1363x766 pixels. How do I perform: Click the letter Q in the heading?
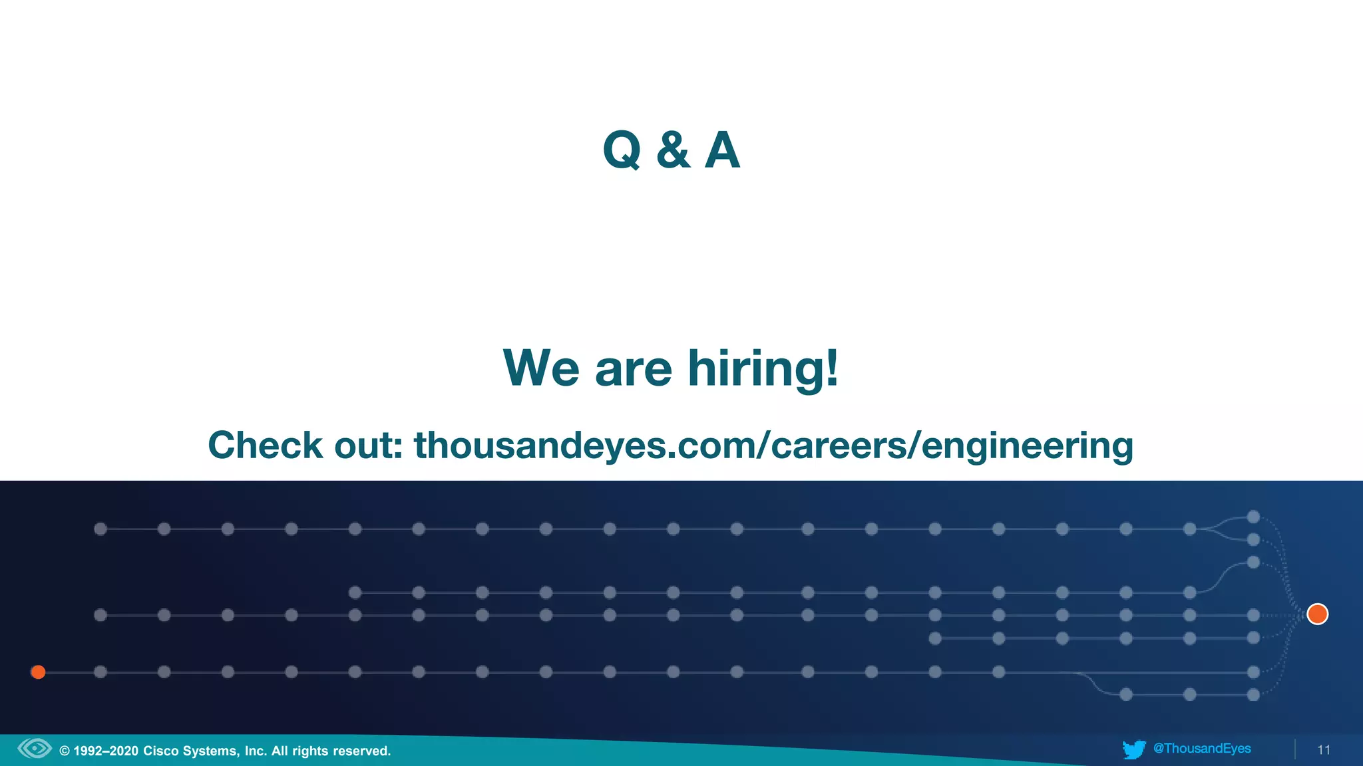click(x=622, y=150)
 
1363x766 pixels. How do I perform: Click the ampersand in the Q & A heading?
click(x=673, y=150)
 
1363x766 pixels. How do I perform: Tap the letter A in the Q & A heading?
click(x=722, y=150)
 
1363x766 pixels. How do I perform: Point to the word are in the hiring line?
click(x=633, y=370)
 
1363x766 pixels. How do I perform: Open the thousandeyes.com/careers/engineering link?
click(x=773, y=446)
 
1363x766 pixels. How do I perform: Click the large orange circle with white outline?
click(x=1317, y=614)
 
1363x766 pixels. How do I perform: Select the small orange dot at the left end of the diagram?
click(x=39, y=672)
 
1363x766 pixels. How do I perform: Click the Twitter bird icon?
click(x=1134, y=749)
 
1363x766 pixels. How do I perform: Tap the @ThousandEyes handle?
click(x=1202, y=749)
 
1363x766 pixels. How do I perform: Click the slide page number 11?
click(x=1324, y=750)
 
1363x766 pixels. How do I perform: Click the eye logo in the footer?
click(x=35, y=749)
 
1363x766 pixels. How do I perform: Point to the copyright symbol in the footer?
click(x=65, y=751)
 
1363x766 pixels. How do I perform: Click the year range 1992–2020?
click(x=106, y=751)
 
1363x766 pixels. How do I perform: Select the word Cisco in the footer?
click(x=160, y=751)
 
